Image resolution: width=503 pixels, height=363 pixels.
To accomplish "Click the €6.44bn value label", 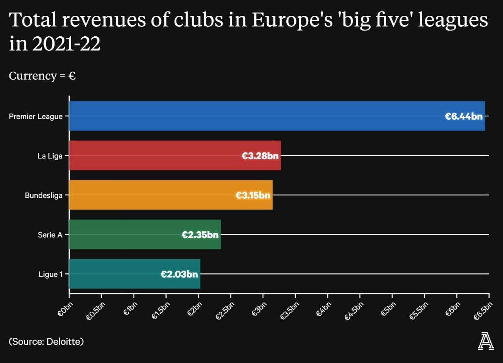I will (x=464, y=116).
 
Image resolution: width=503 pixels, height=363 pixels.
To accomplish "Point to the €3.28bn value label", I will (x=260, y=156).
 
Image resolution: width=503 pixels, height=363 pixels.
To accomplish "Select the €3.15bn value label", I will (x=253, y=195).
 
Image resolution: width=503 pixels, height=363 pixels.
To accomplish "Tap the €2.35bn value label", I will (x=200, y=235).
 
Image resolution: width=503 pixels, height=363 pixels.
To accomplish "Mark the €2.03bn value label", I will (x=179, y=274).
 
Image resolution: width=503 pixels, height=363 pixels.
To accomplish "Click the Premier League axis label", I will (x=36, y=116).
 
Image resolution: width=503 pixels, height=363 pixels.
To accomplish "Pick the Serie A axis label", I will (x=50, y=235).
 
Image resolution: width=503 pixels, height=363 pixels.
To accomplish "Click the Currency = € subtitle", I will (x=42, y=76).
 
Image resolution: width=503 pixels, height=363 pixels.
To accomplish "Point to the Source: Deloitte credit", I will (x=46, y=341).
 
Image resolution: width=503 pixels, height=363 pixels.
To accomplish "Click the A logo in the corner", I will (x=486, y=341).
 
